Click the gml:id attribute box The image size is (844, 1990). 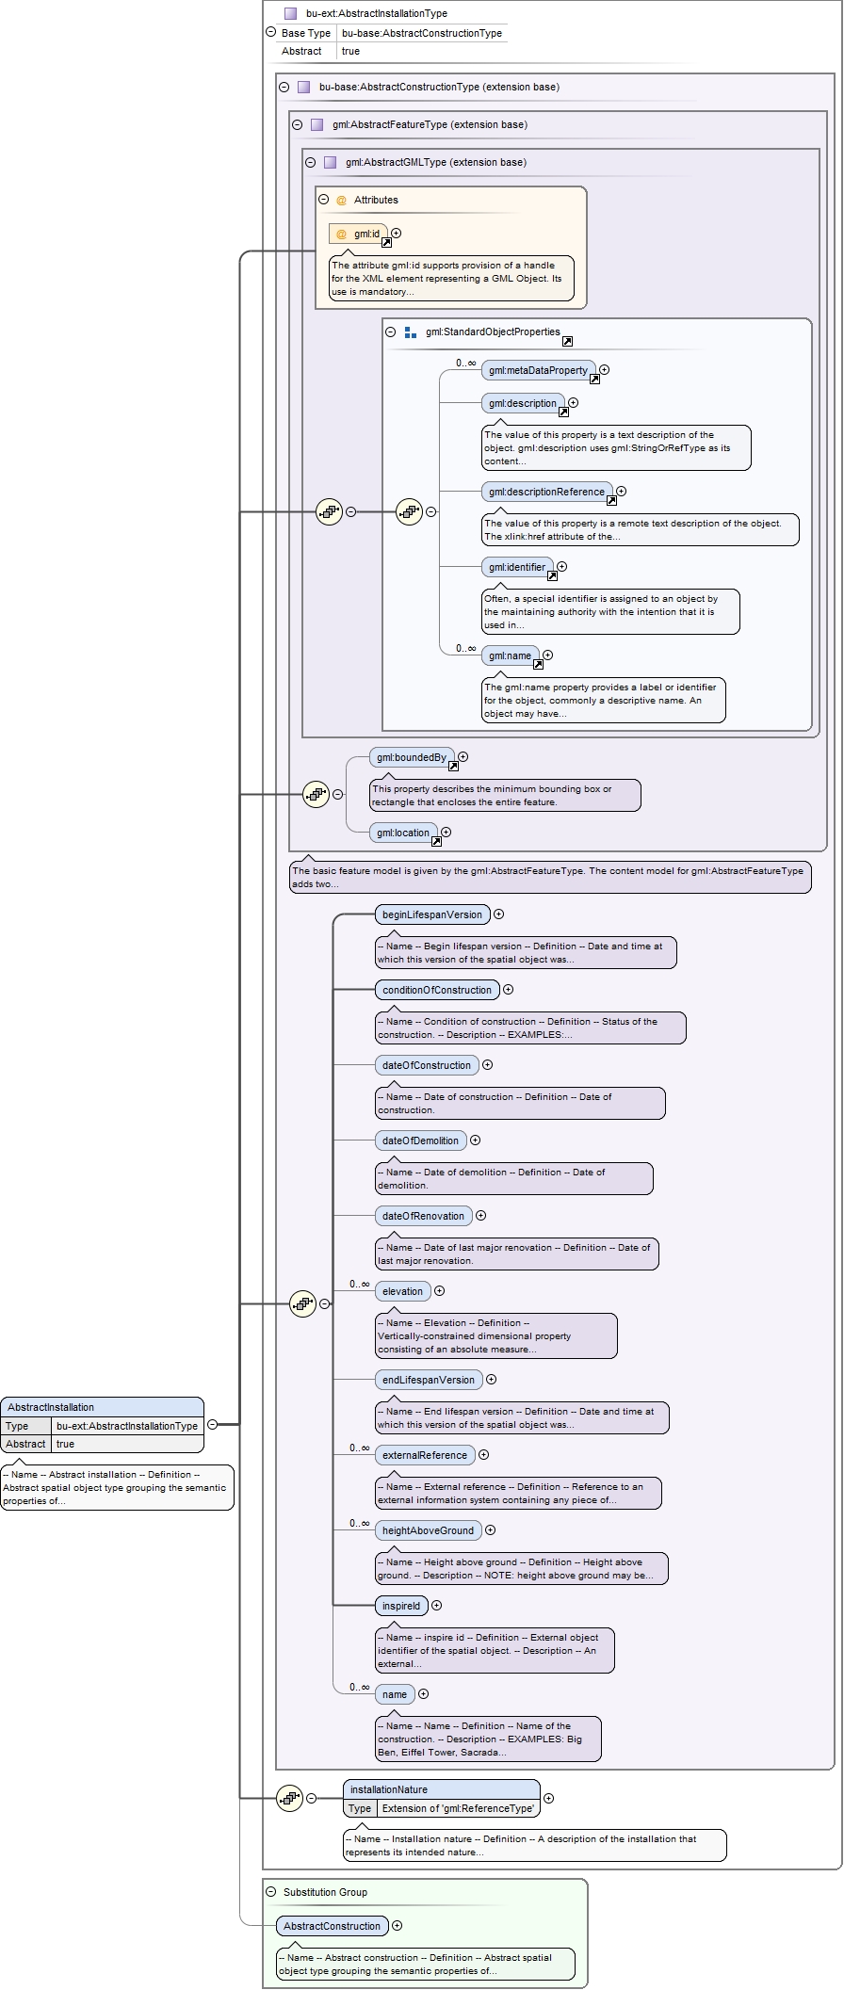(358, 234)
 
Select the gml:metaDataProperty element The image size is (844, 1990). (539, 370)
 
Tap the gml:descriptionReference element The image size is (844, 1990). (547, 492)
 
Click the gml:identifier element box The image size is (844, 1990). (517, 567)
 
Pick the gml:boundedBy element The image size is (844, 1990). (412, 757)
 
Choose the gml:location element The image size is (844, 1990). (403, 833)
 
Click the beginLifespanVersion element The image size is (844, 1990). (432, 914)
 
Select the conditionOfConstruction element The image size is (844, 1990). (437, 990)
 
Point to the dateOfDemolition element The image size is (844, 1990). (420, 1141)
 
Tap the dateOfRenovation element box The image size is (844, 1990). (424, 1216)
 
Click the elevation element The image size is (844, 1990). (403, 1291)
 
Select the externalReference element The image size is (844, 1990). (425, 1455)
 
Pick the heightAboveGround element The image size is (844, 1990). (429, 1530)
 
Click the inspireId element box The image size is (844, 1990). (401, 1606)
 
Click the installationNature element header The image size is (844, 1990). (442, 1789)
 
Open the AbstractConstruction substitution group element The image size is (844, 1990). (333, 1926)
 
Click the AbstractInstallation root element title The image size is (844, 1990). (102, 1407)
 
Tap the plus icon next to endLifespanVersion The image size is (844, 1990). (492, 1380)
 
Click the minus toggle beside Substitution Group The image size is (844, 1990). (271, 1892)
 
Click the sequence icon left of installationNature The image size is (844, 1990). (289, 1798)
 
